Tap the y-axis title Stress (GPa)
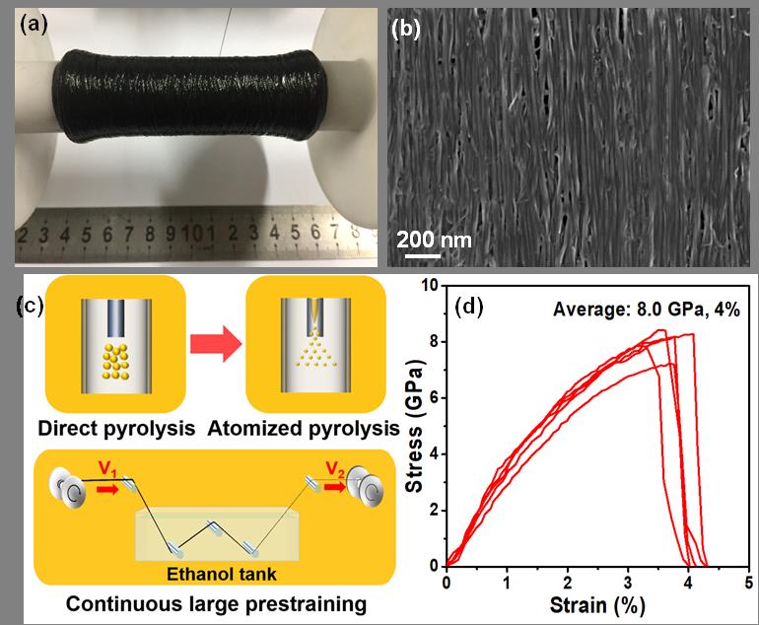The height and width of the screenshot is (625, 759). (x=416, y=424)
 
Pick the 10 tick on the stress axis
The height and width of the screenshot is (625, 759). (x=430, y=286)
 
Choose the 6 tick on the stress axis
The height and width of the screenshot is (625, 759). (x=434, y=398)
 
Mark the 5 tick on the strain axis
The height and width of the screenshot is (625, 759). (x=748, y=581)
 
